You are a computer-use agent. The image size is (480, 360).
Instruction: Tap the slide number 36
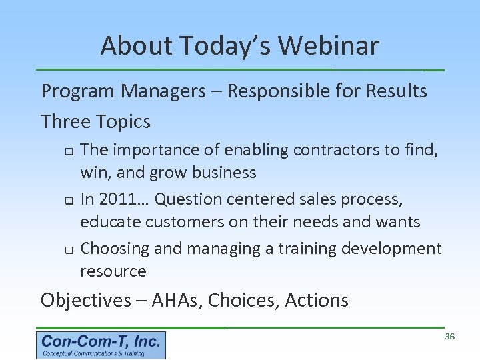click(x=449, y=337)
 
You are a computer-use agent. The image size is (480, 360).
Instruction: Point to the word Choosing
click(x=115, y=249)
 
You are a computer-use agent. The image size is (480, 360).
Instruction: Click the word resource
click(x=113, y=271)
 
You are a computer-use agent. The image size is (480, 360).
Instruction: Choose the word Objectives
click(x=85, y=300)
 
